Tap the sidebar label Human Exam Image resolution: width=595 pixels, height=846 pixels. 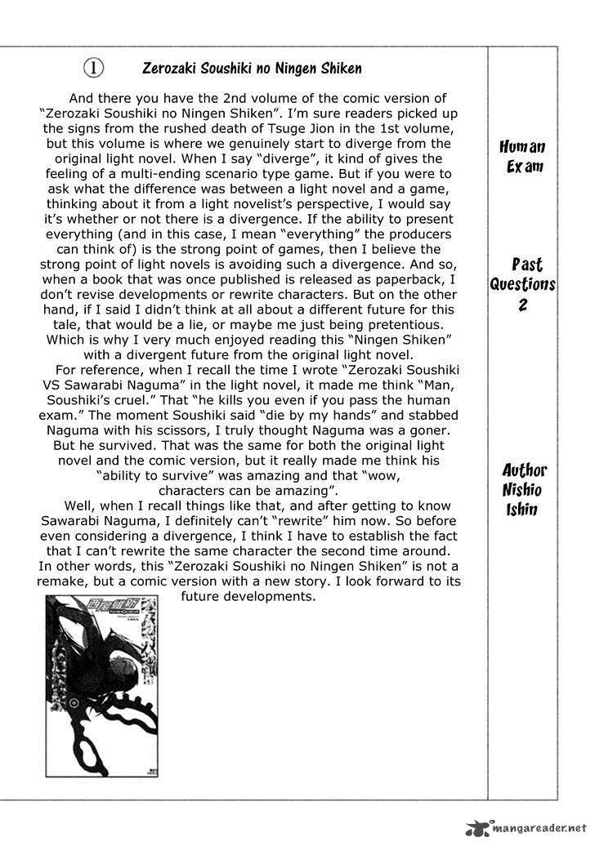[522, 157]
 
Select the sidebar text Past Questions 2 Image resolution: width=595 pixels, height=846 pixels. [522, 284]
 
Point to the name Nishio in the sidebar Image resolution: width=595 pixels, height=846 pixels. [522, 490]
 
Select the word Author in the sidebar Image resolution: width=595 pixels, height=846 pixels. [524, 470]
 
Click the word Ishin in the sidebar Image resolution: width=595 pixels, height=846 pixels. [521, 510]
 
